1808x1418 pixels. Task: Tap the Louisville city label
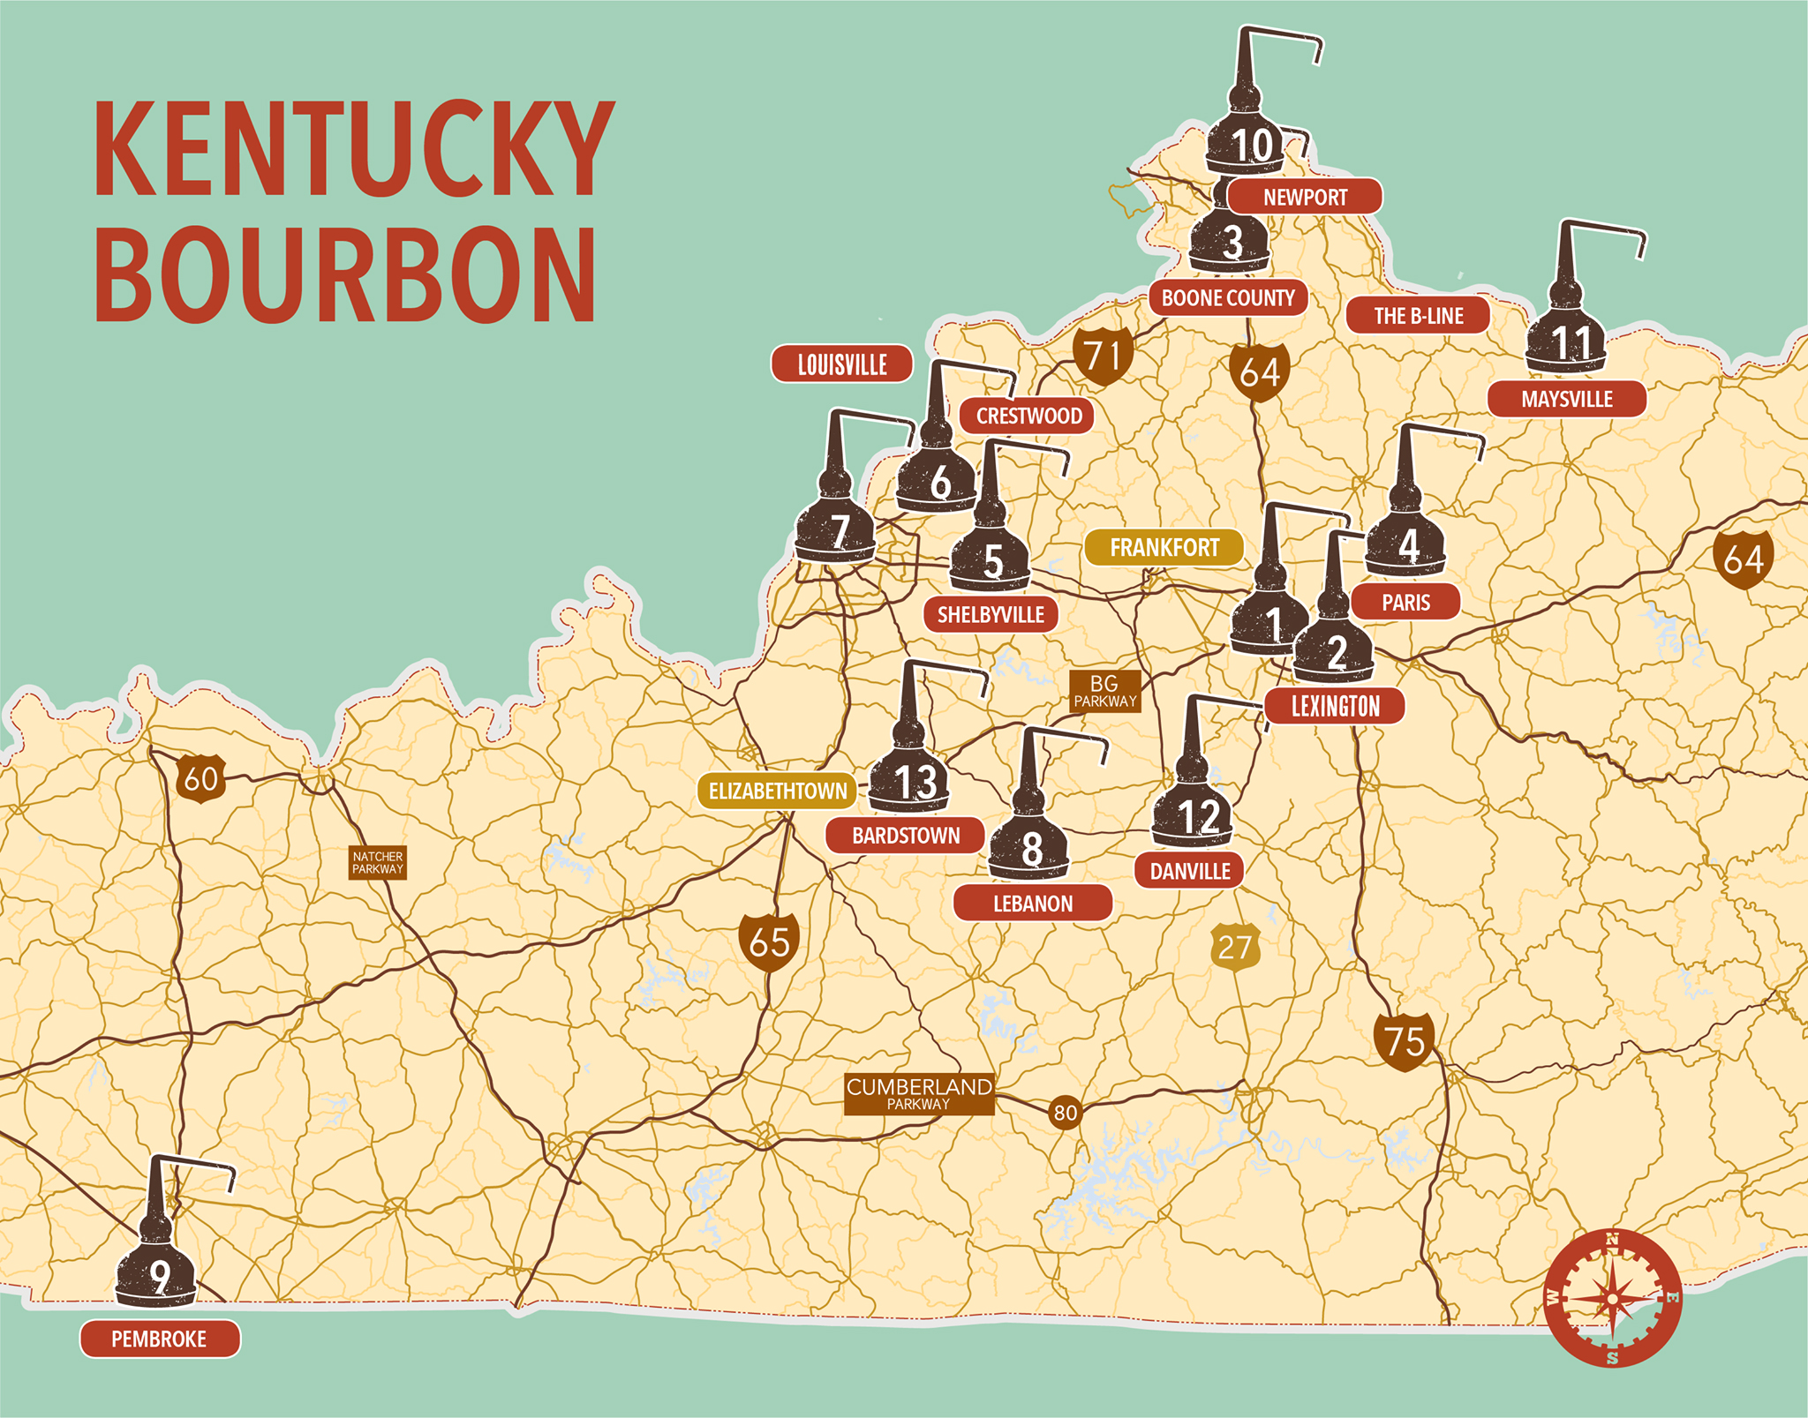click(841, 364)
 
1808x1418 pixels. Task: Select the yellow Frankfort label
click(1164, 548)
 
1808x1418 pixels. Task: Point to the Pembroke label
click(160, 1339)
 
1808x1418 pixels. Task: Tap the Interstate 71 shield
click(1103, 356)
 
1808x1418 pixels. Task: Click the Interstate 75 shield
click(1404, 1041)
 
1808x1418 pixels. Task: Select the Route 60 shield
click(200, 778)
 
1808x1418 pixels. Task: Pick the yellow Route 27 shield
click(1234, 948)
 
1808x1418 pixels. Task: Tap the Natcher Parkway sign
click(378, 862)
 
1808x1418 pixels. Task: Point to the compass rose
click(1613, 1298)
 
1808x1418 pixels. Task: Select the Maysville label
click(1566, 400)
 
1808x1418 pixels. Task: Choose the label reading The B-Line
click(1418, 316)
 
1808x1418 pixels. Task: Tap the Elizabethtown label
click(777, 792)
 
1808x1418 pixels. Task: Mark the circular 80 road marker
click(1066, 1113)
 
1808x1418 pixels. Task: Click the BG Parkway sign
click(1104, 691)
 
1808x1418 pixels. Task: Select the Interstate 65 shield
click(769, 942)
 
